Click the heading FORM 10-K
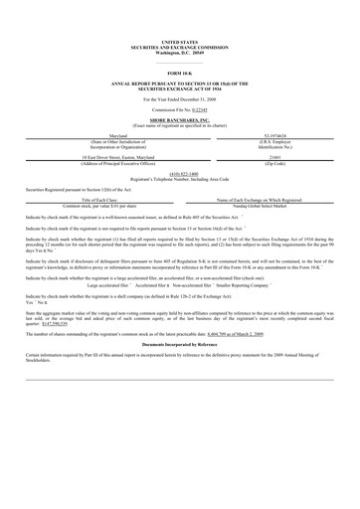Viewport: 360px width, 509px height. click(x=179, y=75)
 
